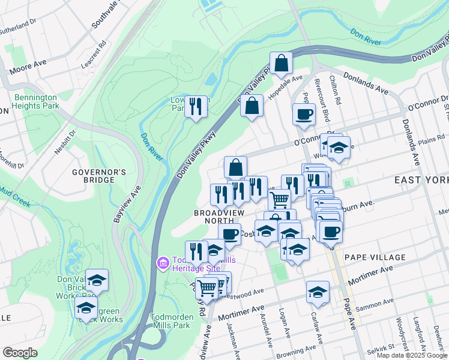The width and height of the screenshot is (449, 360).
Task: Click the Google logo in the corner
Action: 20,353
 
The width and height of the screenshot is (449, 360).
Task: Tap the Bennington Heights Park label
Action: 35,101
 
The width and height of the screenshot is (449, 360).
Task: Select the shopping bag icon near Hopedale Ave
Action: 281,63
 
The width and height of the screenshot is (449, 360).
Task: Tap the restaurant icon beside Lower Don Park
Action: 196,107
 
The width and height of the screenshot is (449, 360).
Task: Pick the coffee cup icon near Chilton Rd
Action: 304,113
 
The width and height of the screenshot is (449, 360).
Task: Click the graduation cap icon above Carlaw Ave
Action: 318,292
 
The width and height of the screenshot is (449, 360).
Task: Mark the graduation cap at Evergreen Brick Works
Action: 86,308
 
